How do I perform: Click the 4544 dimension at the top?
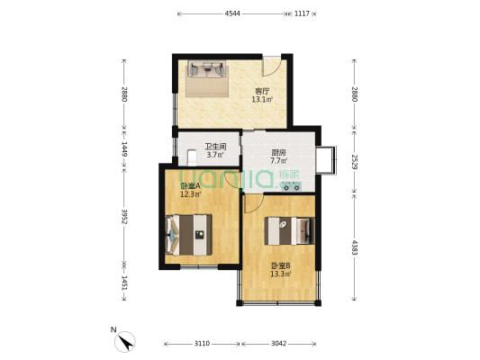pyautogui.click(x=232, y=13)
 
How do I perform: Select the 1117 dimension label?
pyautogui.click(x=302, y=13)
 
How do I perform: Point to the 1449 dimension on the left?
pyautogui.click(x=124, y=148)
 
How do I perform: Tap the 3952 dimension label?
pyautogui.click(x=124, y=217)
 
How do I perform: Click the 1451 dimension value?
pyautogui.click(x=124, y=283)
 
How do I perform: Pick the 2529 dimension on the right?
pyautogui.click(x=355, y=162)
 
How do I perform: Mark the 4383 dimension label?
pyautogui.click(x=355, y=247)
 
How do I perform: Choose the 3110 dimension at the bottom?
pyautogui.click(x=202, y=344)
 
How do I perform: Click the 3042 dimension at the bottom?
pyautogui.click(x=278, y=344)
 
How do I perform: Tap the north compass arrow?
pyautogui.click(x=125, y=342)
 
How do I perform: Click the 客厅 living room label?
pyautogui.click(x=262, y=91)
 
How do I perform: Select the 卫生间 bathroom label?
pyautogui.click(x=215, y=147)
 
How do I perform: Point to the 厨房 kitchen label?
pyautogui.click(x=278, y=152)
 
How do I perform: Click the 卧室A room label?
pyautogui.click(x=190, y=185)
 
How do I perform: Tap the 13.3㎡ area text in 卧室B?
pyautogui.click(x=280, y=274)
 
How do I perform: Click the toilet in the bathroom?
pyautogui.click(x=192, y=157)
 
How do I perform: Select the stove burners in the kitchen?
pyautogui.click(x=292, y=186)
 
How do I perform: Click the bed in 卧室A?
pyautogui.click(x=188, y=235)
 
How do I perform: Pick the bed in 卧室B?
pyautogui.click(x=290, y=231)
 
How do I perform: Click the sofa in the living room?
pyautogui.click(x=207, y=69)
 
